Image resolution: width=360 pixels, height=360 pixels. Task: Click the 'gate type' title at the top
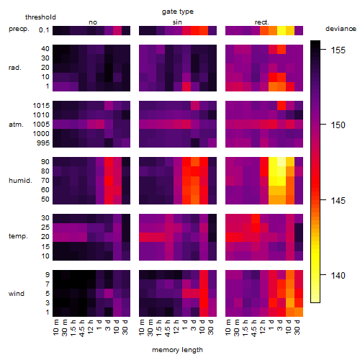click(x=178, y=12)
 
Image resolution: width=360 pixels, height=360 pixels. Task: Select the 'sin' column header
click(x=177, y=22)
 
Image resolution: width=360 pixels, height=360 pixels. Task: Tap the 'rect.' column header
click(x=261, y=22)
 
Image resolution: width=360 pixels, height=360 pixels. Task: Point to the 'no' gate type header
click(x=93, y=22)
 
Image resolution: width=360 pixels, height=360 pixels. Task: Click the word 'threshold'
click(x=40, y=17)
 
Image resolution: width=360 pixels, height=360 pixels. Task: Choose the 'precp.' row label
click(x=19, y=29)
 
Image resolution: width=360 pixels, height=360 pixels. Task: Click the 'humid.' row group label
click(x=20, y=180)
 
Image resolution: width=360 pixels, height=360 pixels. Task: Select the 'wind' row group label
click(x=17, y=293)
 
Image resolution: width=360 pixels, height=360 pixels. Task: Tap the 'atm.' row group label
click(x=16, y=125)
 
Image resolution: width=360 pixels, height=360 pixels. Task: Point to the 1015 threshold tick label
click(x=41, y=105)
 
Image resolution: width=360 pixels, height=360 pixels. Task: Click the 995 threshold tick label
click(x=43, y=143)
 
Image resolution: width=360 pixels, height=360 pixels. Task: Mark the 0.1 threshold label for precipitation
click(x=44, y=30)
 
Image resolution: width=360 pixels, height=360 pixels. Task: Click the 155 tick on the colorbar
click(x=338, y=50)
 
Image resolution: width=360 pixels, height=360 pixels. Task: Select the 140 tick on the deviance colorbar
click(x=338, y=275)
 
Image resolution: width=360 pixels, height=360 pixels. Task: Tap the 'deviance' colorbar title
click(x=341, y=29)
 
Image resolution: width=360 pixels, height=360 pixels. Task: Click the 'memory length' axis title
click(x=177, y=350)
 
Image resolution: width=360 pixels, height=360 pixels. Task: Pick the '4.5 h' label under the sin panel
click(x=168, y=328)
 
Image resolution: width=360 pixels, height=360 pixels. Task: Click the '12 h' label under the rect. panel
click(x=263, y=327)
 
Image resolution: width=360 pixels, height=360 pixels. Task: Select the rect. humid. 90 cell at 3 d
click(x=282, y=162)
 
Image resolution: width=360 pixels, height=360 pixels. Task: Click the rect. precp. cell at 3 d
click(x=282, y=30)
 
